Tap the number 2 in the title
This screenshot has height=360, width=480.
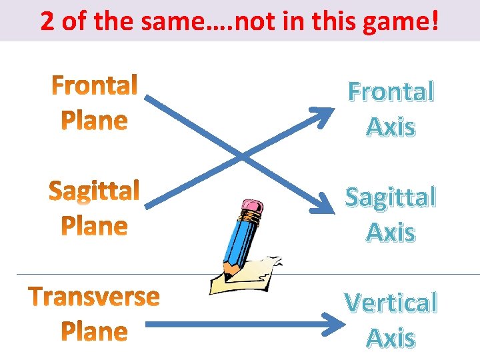point(47,22)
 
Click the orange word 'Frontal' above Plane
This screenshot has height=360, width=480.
point(95,85)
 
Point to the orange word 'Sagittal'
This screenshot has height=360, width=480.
point(94,191)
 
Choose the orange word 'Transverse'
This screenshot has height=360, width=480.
point(94,297)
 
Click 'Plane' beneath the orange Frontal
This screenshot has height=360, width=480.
point(94,121)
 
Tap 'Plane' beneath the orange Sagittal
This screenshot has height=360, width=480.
point(94,227)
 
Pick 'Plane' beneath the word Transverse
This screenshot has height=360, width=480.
point(94,331)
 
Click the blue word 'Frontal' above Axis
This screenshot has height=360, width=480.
point(391,92)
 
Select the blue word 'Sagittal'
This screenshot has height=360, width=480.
point(391,197)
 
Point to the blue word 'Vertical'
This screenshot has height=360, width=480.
point(391,303)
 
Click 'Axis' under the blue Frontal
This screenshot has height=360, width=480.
point(391,127)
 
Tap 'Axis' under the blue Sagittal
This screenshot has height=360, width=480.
point(391,232)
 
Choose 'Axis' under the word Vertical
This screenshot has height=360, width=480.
point(391,338)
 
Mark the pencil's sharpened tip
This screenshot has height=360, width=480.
point(227,275)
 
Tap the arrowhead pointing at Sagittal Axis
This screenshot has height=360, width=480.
point(327,208)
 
